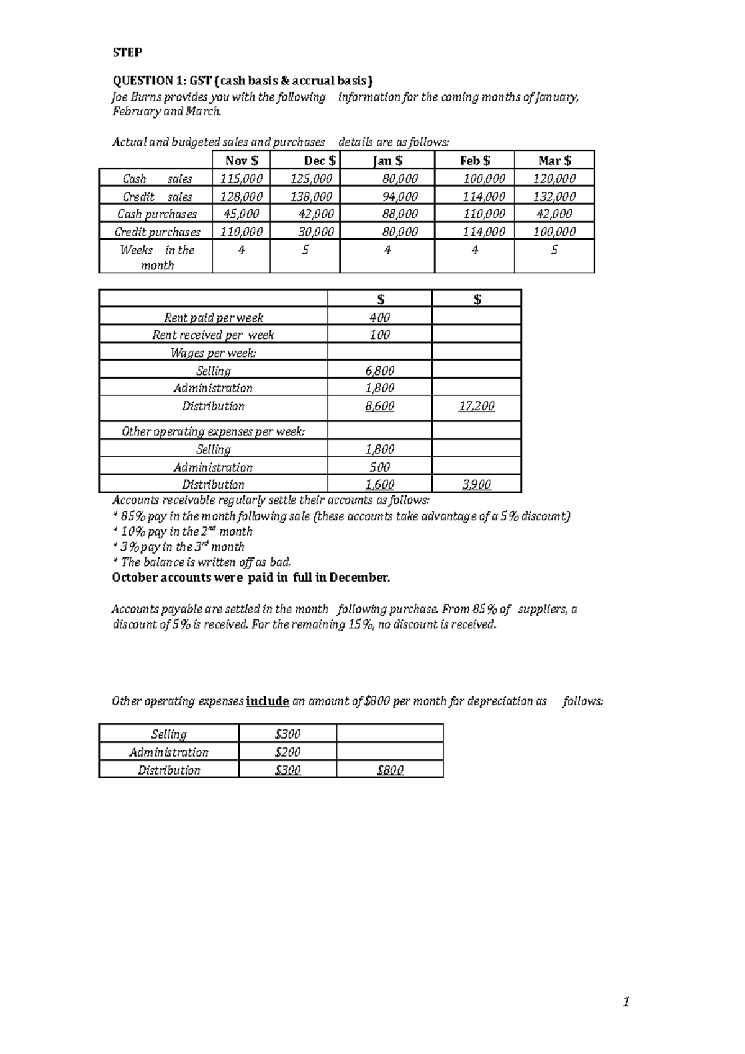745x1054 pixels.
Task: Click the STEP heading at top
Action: [x=127, y=53]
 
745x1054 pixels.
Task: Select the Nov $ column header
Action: [x=242, y=161]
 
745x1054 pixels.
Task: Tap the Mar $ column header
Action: [x=554, y=161]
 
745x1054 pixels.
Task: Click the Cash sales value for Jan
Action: [x=400, y=179]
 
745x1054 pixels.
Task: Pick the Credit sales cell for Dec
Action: [x=312, y=197]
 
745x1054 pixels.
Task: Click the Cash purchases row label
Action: [x=157, y=214]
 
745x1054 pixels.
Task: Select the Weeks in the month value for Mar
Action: [x=554, y=250]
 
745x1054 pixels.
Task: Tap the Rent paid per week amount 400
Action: [x=379, y=317]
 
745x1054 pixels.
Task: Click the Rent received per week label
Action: [x=213, y=335]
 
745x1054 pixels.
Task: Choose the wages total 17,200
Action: [x=476, y=406]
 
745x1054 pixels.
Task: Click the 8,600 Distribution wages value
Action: [x=379, y=406]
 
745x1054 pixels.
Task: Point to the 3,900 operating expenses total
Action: [x=476, y=484]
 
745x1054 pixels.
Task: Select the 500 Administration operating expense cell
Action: [x=379, y=467]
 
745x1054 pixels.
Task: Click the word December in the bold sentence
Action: [x=358, y=578]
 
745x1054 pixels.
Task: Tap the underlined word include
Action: [x=268, y=701]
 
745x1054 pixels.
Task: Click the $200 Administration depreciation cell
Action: [x=287, y=752]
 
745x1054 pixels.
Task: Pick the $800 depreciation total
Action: [x=390, y=770]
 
